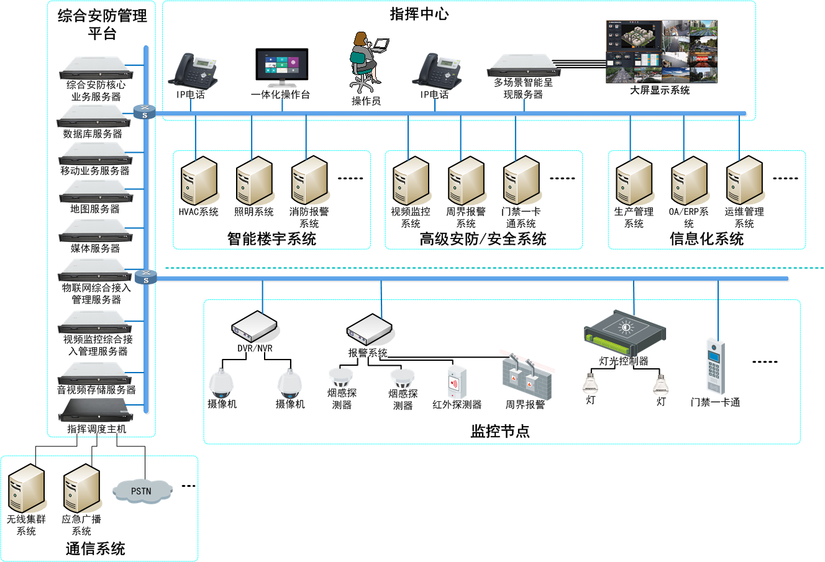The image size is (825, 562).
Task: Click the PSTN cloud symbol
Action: click(x=142, y=491)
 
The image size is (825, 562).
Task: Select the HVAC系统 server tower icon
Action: click(x=198, y=181)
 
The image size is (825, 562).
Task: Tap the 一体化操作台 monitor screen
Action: click(x=282, y=65)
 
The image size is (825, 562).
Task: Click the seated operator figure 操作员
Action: click(x=367, y=61)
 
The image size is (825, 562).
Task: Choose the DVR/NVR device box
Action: click(x=254, y=326)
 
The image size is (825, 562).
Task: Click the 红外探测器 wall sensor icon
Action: click(x=457, y=381)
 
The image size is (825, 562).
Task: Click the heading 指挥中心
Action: click(x=419, y=14)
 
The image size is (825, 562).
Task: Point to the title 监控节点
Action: click(x=500, y=432)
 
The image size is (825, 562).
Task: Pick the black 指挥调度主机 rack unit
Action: click(x=96, y=410)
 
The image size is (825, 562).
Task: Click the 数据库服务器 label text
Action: click(x=93, y=134)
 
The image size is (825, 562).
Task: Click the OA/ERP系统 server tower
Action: click(x=689, y=181)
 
